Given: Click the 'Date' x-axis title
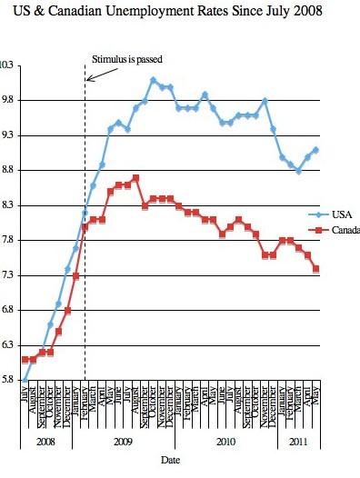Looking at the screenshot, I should point(170,462).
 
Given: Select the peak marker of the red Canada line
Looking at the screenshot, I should point(135,178).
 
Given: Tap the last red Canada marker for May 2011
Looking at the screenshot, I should point(315,268).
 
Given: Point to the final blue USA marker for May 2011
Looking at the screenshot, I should point(315,150).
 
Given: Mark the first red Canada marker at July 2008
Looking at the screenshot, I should point(25,360).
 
